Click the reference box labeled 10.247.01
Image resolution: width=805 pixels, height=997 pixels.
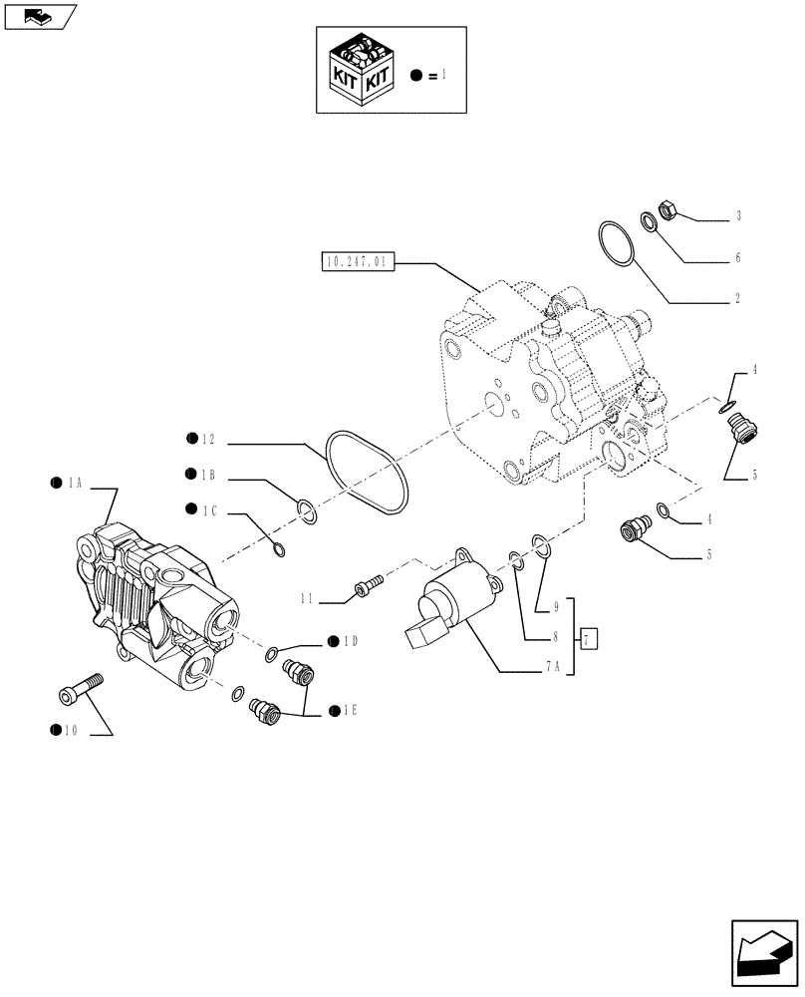(x=360, y=263)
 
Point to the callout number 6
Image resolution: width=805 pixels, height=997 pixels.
(x=738, y=257)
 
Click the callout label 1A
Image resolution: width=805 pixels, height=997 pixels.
(x=73, y=484)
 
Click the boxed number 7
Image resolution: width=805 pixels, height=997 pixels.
(x=589, y=638)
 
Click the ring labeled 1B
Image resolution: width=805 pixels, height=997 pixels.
(x=308, y=511)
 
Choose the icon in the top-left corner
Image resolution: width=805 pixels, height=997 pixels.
(x=40, y=15)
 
